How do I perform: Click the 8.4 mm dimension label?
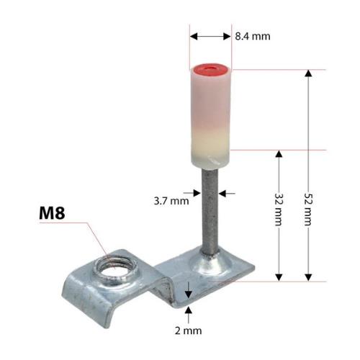pyautogui.click(x=252, y=35)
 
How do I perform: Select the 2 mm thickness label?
pyautogui.click(x=189, y=331)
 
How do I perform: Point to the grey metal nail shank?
pyautogui.click(x=209, y=216)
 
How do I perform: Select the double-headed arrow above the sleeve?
pyautogui.click(x=211, y=35)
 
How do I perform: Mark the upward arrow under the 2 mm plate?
pyautogui.click(x=188, y=312)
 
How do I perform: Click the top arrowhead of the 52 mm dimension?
pyautogui.click(x=309, y=73)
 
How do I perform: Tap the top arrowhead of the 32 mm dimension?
pyautogui.click(x=280, y=154)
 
